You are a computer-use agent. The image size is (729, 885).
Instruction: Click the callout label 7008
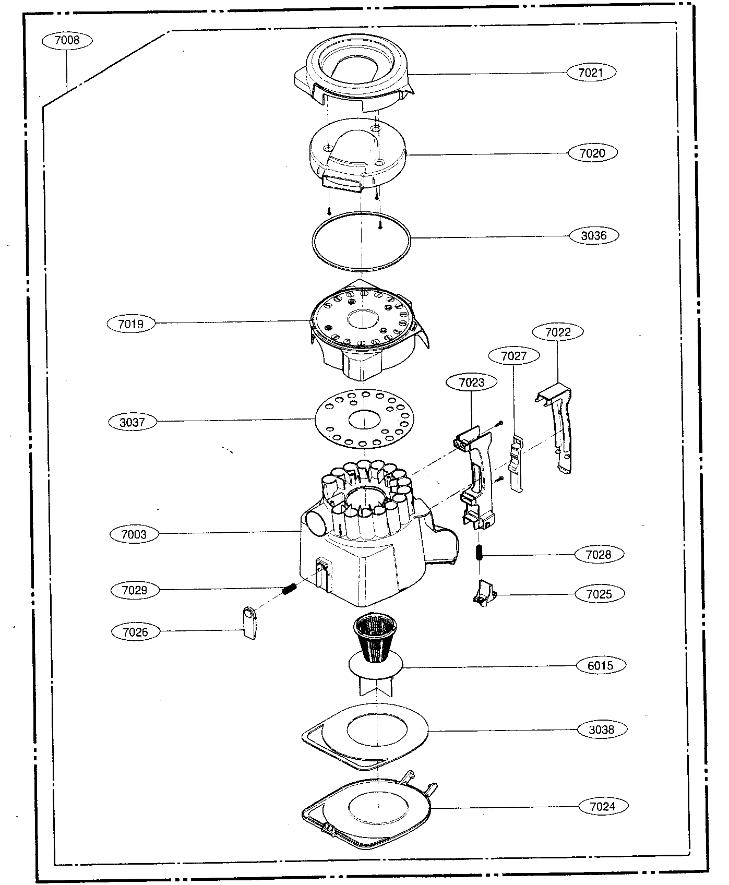[67, 40]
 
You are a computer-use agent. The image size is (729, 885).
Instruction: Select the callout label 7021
[591, 73]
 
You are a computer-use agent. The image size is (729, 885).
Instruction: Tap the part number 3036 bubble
[594, 235]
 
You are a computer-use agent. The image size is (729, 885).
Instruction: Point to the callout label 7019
[130, 324]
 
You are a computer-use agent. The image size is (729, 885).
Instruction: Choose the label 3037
[132, 422]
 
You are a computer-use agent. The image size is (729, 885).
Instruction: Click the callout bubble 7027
[513, 356]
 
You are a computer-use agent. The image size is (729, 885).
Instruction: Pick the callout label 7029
[134, 590]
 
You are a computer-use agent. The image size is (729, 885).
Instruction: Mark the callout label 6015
[601, 665]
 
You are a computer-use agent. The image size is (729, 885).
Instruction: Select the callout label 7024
[602, 806]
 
